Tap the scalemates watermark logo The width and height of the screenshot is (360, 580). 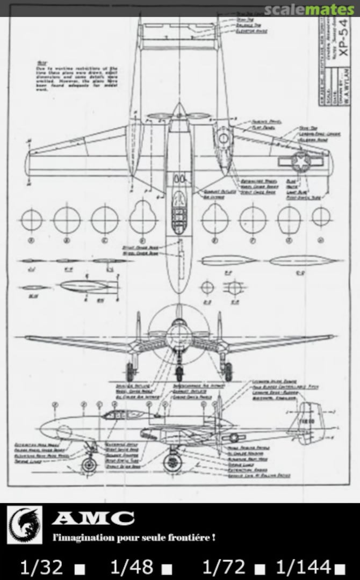310,9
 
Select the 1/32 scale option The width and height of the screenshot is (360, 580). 41,566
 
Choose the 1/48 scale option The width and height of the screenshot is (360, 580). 132,566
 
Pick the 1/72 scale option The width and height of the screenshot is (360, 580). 224,566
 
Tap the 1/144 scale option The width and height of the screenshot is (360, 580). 303,566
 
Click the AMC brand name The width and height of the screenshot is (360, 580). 93,518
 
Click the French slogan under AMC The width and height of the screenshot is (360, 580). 134,537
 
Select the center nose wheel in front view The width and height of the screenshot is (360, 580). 179,370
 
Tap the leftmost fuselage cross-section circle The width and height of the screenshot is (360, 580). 31,220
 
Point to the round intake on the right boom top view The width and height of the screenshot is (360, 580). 223,139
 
